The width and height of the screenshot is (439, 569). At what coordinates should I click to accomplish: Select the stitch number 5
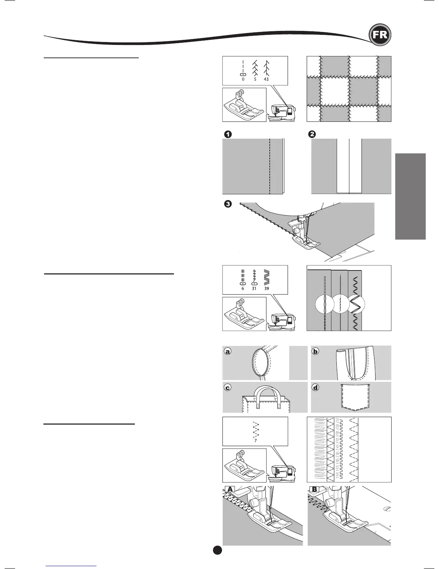pos(255,79)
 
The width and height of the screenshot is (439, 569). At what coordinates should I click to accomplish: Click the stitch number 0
pos(243,79)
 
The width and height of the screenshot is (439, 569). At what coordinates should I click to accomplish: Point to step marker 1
pos(227,134)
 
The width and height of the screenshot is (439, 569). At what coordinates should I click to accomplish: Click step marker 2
pos(312,134)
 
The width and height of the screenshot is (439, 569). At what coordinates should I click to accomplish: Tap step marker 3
pos(227,204)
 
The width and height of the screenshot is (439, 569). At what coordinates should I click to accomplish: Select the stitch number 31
pos(254,288)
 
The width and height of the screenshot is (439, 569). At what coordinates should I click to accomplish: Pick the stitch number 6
pos(242,288)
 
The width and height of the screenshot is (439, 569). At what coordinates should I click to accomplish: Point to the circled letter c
pos(227,388)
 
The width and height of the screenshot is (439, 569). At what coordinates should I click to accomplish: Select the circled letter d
pos(315,388)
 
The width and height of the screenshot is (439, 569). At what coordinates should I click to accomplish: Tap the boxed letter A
pos(230,489)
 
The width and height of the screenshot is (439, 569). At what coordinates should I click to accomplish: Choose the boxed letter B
pos(314,489)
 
